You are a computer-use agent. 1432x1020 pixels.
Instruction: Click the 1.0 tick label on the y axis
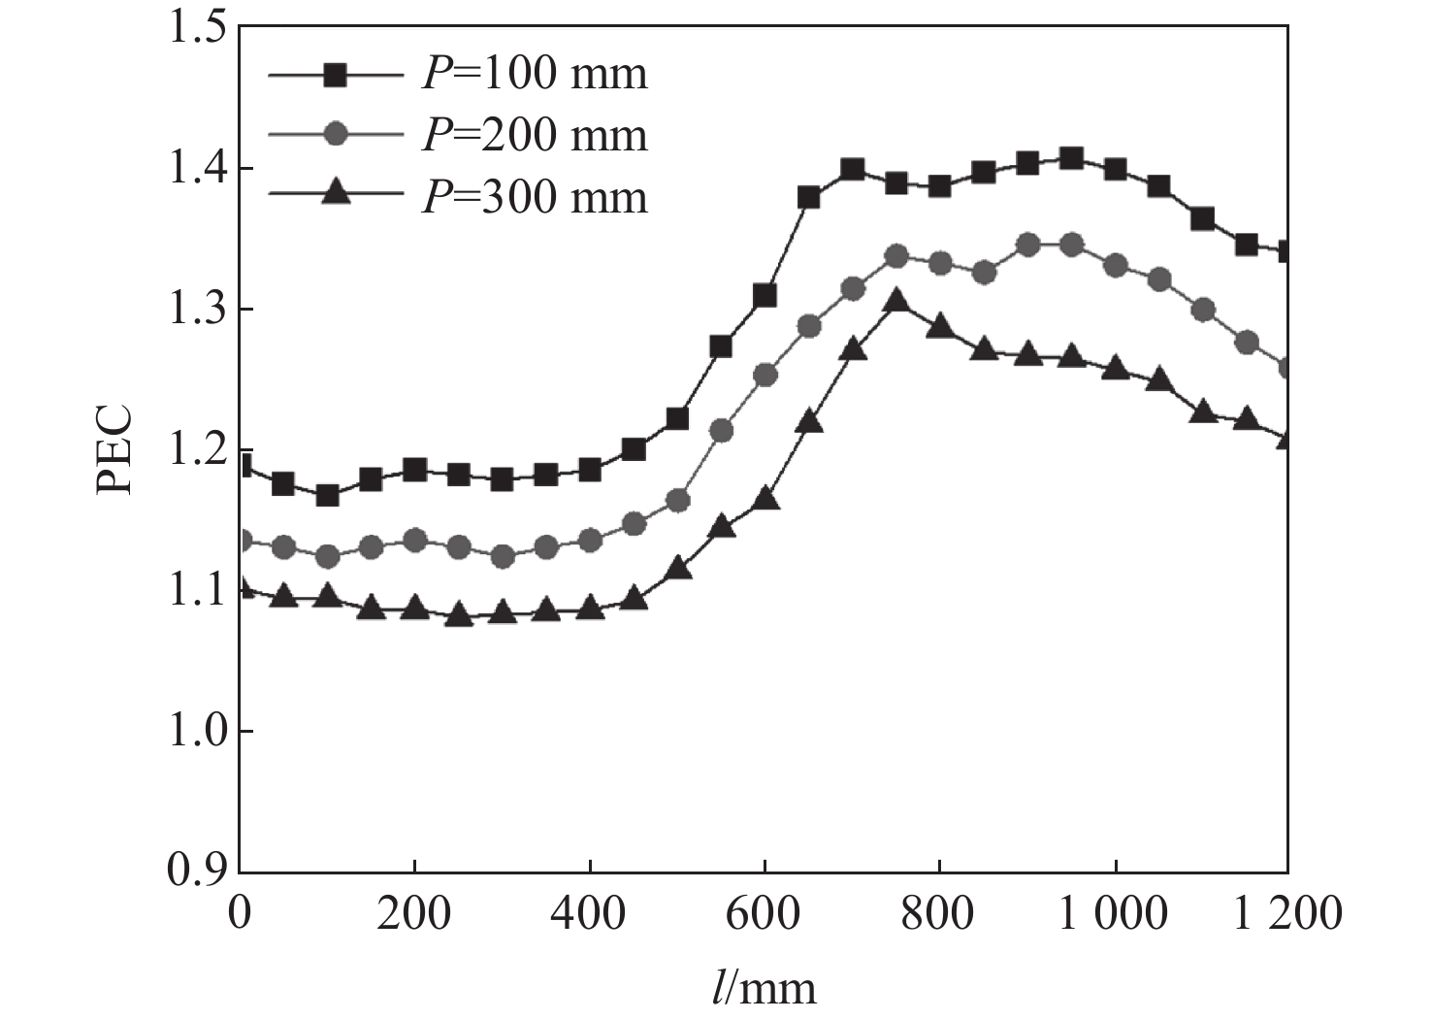tap(198, 732)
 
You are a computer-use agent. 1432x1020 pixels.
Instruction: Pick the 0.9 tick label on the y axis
tap(198, 872)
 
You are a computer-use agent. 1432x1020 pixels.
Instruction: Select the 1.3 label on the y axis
tap(198, 310)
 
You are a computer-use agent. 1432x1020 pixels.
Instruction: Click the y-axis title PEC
tap(114, 450)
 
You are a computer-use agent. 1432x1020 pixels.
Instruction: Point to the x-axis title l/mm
tap(763, 988)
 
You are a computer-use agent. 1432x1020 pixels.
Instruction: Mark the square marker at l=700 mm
tap(853, 171)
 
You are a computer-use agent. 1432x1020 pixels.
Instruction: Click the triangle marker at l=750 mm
tap(896, 300)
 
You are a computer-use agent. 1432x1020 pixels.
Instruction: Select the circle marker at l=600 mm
tap(765, 375)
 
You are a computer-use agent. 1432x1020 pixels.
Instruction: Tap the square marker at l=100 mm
tap(327, 495)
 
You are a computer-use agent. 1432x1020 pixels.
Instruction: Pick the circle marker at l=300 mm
tap(503, 556)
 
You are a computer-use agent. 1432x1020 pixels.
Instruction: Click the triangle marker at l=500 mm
tap(678, 569)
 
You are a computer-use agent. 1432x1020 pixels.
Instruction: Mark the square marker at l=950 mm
tap(1071, 158)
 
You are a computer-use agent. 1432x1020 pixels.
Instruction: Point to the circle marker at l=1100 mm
tap(1203, 311)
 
